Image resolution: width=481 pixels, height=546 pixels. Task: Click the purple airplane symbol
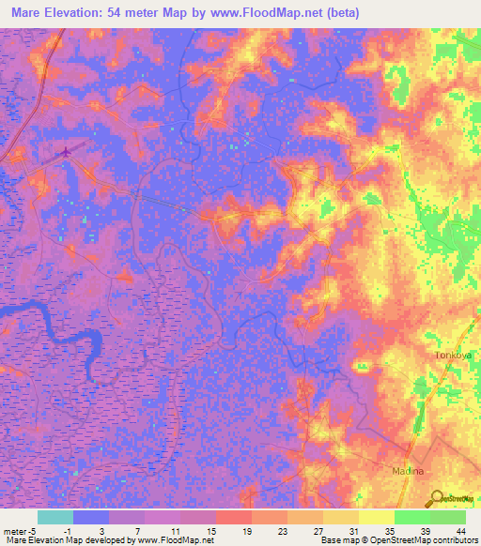tap(66, 151)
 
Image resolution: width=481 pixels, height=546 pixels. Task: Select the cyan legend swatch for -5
tap(55, 517)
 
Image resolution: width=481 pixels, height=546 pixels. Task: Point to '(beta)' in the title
tap(344, 14)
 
